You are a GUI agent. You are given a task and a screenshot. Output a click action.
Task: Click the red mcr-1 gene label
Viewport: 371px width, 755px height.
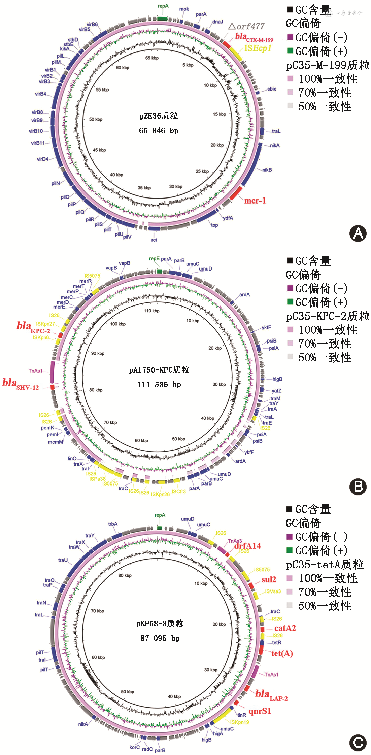pyautogui.click(x=255, y=201)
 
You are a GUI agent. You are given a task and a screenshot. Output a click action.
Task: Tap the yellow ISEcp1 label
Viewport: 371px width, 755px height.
pyautogui.click(x=258, y=48)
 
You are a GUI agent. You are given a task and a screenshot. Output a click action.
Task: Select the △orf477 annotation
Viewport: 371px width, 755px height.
pyautogui.click(x=246, y=26)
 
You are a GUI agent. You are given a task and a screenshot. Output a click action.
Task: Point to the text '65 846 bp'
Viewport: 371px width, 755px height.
pyautogui.click(x=159, y=131)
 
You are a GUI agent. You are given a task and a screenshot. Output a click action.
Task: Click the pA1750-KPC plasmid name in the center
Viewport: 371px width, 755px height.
pyautogui.click(x=159, y=370)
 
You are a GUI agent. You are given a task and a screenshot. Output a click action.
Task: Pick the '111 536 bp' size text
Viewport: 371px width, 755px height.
pyautogui.click(x=159, y=385)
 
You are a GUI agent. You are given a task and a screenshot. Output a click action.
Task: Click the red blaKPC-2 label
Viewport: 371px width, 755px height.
pyautogui.click(x=33, y=327)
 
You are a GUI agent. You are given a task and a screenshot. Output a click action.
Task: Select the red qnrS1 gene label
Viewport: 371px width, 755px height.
pyautogui.click(x=260, y=711)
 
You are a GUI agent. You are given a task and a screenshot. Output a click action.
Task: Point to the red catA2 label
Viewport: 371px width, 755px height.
pyautogui.click(x=285, y=628)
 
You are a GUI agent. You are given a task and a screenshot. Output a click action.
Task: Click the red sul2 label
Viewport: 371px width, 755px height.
pyautogui.click(x=269, y=579)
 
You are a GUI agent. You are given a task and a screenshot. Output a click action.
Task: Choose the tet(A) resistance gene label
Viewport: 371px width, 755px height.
pyautogui.click(x=282, y=653)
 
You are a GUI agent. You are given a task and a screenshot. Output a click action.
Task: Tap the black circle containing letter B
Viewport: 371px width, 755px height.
pyautogui.click(x=358, y=487)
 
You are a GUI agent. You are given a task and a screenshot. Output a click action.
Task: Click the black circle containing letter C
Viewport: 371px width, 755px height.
pyautogui.click(x=358, y=743)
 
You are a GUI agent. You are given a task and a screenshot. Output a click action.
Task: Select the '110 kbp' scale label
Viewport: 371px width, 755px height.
pyautogui.click(x=151, y=311)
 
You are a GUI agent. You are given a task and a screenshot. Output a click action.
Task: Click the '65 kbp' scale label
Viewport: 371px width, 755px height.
pyautogui.click(x=152, y=58)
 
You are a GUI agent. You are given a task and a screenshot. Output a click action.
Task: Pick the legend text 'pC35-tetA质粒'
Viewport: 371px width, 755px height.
pyautogui.click(x=325, y=564)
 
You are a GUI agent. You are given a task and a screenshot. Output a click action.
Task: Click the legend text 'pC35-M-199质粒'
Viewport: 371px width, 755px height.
pyautogui.click(x=328, y=65)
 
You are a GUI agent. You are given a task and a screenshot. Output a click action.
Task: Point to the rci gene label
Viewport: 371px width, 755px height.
pyautogui.click(x=154, y=240)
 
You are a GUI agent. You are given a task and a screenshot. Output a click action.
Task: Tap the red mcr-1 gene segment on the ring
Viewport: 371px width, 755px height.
pyautogui.click(x=236, y=192)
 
